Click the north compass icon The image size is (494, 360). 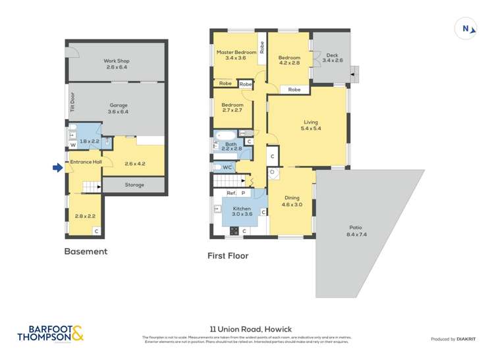pos(466,28)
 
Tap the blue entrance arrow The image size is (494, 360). pos(57,168)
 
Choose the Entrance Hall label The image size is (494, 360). pos(86,161)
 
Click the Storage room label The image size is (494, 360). pos(134,185)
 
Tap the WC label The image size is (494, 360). pos(227,168)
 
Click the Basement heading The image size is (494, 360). pos(86,251)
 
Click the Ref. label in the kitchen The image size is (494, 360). pos(231,193)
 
